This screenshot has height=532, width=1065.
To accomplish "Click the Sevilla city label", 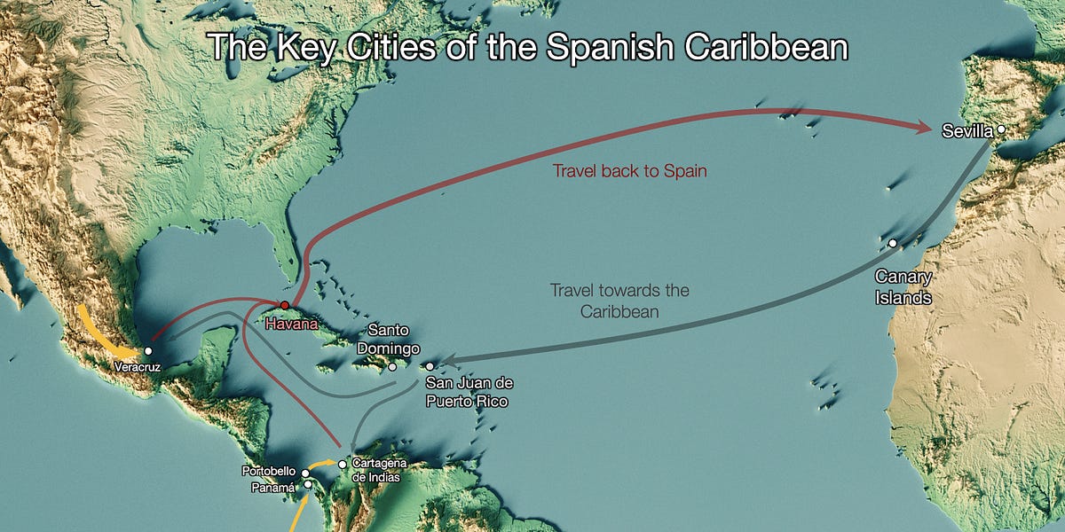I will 967,131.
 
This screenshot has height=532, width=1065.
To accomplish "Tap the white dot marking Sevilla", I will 1001,129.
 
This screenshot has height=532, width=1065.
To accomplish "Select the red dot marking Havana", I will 285,304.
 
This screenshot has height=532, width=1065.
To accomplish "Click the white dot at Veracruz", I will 148,351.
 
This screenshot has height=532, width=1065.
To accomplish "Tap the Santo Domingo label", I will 388,338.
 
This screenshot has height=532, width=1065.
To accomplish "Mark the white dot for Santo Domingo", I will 392,366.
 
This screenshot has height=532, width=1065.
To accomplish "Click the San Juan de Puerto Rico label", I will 469,392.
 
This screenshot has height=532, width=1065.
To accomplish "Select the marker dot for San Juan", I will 430,366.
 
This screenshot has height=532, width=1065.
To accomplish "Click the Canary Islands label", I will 903,287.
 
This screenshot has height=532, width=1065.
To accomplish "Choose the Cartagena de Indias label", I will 376,470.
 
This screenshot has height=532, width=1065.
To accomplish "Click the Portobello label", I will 271,471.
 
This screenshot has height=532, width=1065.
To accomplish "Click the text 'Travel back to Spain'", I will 629,171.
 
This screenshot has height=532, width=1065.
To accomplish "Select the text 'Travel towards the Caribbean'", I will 619,301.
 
